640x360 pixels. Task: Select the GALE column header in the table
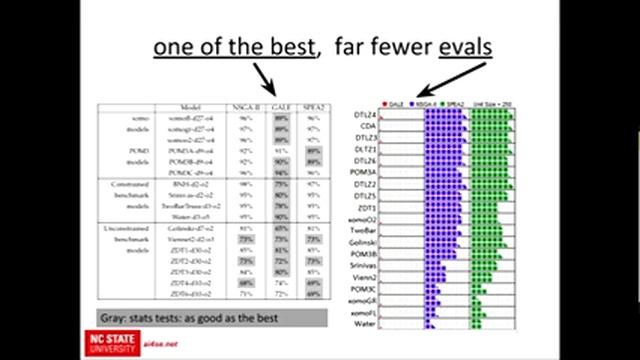click(282, 106)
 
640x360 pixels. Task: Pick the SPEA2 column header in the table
click(315, 106)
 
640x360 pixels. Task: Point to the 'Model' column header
click(191, 106)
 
